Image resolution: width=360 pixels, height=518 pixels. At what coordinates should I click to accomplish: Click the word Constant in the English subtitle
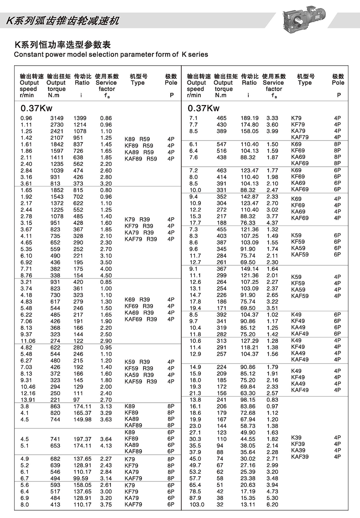coord(27,54)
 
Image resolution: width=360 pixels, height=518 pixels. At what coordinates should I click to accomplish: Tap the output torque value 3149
coord(57,118)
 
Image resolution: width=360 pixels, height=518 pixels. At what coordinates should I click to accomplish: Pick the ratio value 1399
coord(80,118)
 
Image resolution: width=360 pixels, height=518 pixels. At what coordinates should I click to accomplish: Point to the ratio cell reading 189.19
coord(249,118)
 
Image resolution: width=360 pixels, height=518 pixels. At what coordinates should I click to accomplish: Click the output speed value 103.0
coord(197,505)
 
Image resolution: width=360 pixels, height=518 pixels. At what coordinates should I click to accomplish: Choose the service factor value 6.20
coord(272,505)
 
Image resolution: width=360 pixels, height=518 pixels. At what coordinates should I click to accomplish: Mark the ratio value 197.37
coord(82,439)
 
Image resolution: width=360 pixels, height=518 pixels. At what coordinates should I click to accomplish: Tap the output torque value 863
coord(55,406)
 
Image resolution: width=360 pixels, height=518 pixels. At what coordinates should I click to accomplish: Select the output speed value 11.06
coord(28,341)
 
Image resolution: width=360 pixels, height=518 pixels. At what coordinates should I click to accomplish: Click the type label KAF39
coord(300,457)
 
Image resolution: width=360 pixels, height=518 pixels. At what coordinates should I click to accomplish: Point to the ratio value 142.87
coord(249,197)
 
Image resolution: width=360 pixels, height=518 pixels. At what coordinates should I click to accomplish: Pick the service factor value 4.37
coord(272,223)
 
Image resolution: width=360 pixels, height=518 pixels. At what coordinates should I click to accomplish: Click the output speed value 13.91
coord(28,400)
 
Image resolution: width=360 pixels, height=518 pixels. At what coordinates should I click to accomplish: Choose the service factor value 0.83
coord(272,400)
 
